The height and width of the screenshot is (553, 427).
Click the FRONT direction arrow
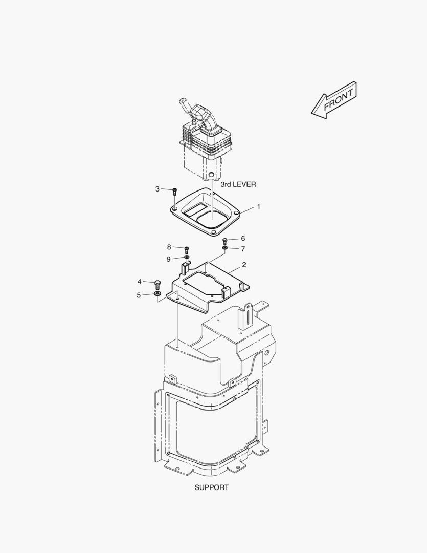pyautogui.click(x=334, y=100)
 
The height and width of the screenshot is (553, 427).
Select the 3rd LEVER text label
pyautogui.click(x=238, y=184)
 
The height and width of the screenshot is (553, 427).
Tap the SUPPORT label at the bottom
pyautogui.click(x=212, y=487)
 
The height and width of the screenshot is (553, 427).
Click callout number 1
pyautogui.click(x=259, y=206)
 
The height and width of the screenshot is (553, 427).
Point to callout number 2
pyautogui.click(x=244, y=265)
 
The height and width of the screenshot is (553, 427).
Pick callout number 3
pyautogui.click(x=157, y=189)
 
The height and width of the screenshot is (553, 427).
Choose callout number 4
pyautogui.click(x=140, y=282)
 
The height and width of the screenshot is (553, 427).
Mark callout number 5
pyautogui.click(x=139, y=295)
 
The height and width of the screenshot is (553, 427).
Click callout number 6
pyautogui.click(x=243, y=239)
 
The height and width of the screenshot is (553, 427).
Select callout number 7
pyautogui.click(x=243, y=249)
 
